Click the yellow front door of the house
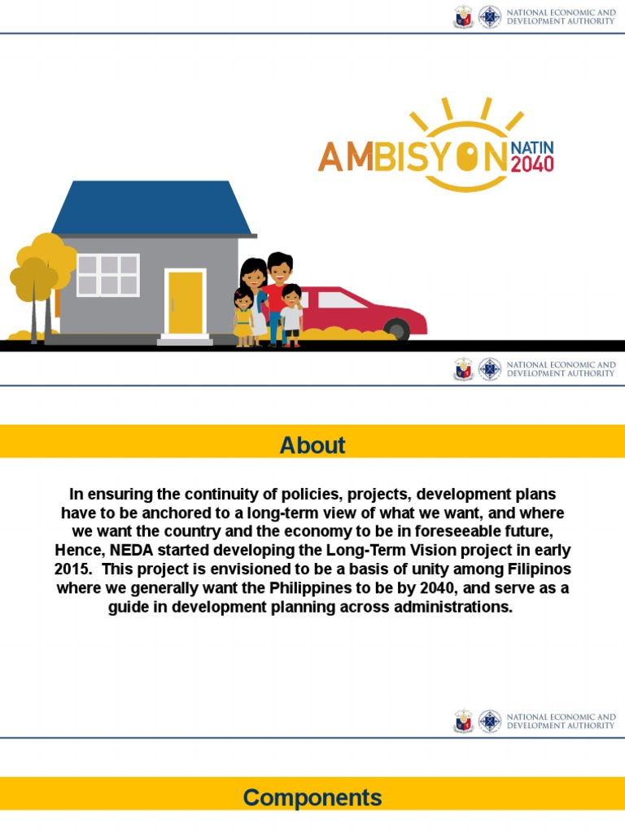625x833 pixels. click(185, 302)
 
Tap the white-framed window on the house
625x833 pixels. click(107, 275)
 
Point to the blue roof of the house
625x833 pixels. click(152, 207)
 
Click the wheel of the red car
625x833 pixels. click(396, 329)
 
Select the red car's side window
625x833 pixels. click(342, 300)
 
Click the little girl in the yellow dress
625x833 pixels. click(243, 317)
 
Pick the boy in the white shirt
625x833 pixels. click(291, 313)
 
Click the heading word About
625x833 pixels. click(312, 445)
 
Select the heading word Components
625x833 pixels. click(312, 797)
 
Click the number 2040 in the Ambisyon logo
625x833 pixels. click(532, 164)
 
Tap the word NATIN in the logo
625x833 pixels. click(532, 147)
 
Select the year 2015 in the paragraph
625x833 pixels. click(72, 568)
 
